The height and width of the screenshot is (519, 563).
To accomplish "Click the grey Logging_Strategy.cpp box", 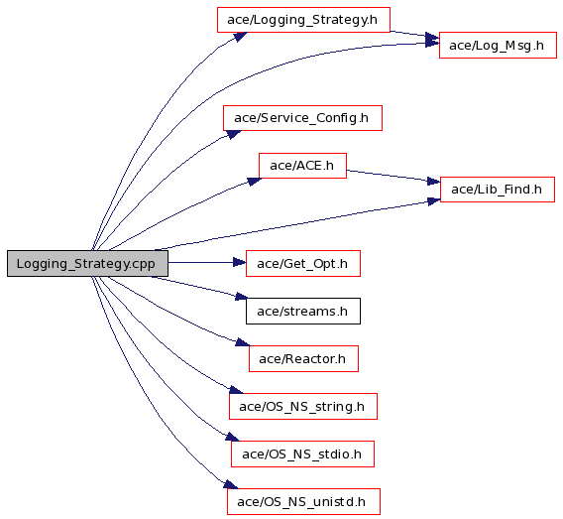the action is click(x=87, y=263).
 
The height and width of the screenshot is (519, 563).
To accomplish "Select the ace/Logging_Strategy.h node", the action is click(x=303, y=20).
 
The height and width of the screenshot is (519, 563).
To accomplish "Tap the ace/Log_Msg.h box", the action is click(x=498, y=45).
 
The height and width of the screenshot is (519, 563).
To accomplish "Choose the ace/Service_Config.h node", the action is click(x=302, y=118).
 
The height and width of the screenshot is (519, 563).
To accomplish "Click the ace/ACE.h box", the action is click(x=302, y=166).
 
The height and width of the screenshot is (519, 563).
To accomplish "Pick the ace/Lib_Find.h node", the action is click(x=498, y=190).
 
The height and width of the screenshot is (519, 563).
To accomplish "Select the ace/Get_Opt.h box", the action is click(x=303, y=263).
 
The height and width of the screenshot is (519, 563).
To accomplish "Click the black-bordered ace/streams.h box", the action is click(x=303, y=311).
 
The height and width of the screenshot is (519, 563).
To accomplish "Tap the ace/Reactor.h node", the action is click(x=303, y=358).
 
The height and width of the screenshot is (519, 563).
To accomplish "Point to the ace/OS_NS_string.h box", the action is click(x=303, y=406).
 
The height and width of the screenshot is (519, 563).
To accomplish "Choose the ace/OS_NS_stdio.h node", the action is click(x=302, y=454).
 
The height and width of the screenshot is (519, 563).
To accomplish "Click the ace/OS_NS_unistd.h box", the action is click(x=303, y=501).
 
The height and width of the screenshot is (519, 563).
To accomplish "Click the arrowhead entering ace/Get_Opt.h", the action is click(x=240, y=262).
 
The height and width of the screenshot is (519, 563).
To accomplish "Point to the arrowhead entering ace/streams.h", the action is click(x=241, y=297).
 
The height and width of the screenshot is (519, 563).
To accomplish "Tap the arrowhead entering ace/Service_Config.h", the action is click(x=234, y=134).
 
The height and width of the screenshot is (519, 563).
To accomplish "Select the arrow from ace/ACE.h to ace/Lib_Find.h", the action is click(x=394, y=176).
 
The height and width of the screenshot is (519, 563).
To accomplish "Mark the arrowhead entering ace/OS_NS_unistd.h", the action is click(x=231, y=484).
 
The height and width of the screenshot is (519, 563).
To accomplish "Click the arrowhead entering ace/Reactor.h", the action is click(x=243, y=342).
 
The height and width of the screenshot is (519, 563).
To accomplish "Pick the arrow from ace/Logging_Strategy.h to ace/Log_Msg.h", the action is click(x=414, y=34).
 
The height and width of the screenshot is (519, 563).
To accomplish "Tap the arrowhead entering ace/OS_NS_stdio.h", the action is click(x=233, y=437).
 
